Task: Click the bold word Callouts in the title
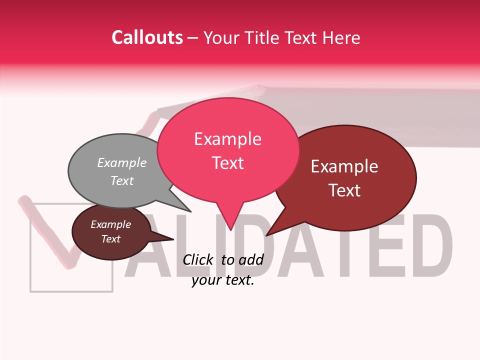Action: click(147, 37)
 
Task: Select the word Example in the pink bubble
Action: click(227, 139)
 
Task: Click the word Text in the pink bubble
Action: click(227, 163)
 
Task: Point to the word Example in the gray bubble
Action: click(121, 162)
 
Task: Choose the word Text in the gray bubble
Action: click(121, 180)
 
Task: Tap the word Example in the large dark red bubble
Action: click(344, 166)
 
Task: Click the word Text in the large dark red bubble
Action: click(344, 190)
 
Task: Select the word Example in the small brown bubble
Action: click(110, 224)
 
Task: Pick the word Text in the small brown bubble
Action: click(110, 239)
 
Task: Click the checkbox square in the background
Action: click(71, 247)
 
